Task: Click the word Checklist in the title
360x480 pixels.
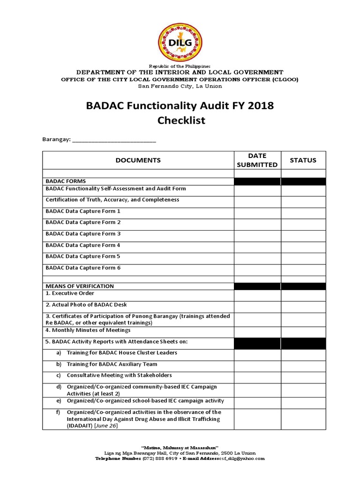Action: [x=181, y=120]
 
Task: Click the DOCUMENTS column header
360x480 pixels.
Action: [x=138, y=160]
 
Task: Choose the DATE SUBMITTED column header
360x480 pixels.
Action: [x=257, y=160]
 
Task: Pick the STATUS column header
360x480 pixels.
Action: [x=303, y=160]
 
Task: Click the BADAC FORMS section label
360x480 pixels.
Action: [x=66, y=181]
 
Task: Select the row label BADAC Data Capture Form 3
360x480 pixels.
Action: [x=83, y=233]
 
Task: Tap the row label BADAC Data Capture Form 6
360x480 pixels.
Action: [x=83, y=268]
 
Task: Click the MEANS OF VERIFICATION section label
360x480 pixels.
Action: [x=80, y=286]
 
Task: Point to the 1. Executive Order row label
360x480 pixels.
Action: [x=71, y=293]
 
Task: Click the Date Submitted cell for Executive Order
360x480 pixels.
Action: [x=257, y=295]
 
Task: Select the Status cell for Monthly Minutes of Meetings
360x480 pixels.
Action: [x=303, y=331]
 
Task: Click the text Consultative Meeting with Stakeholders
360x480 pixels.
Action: [x=119, y=375]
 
